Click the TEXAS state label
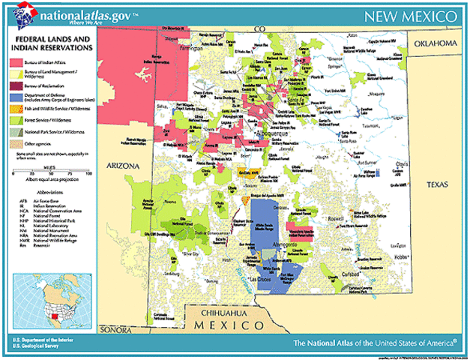437,184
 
